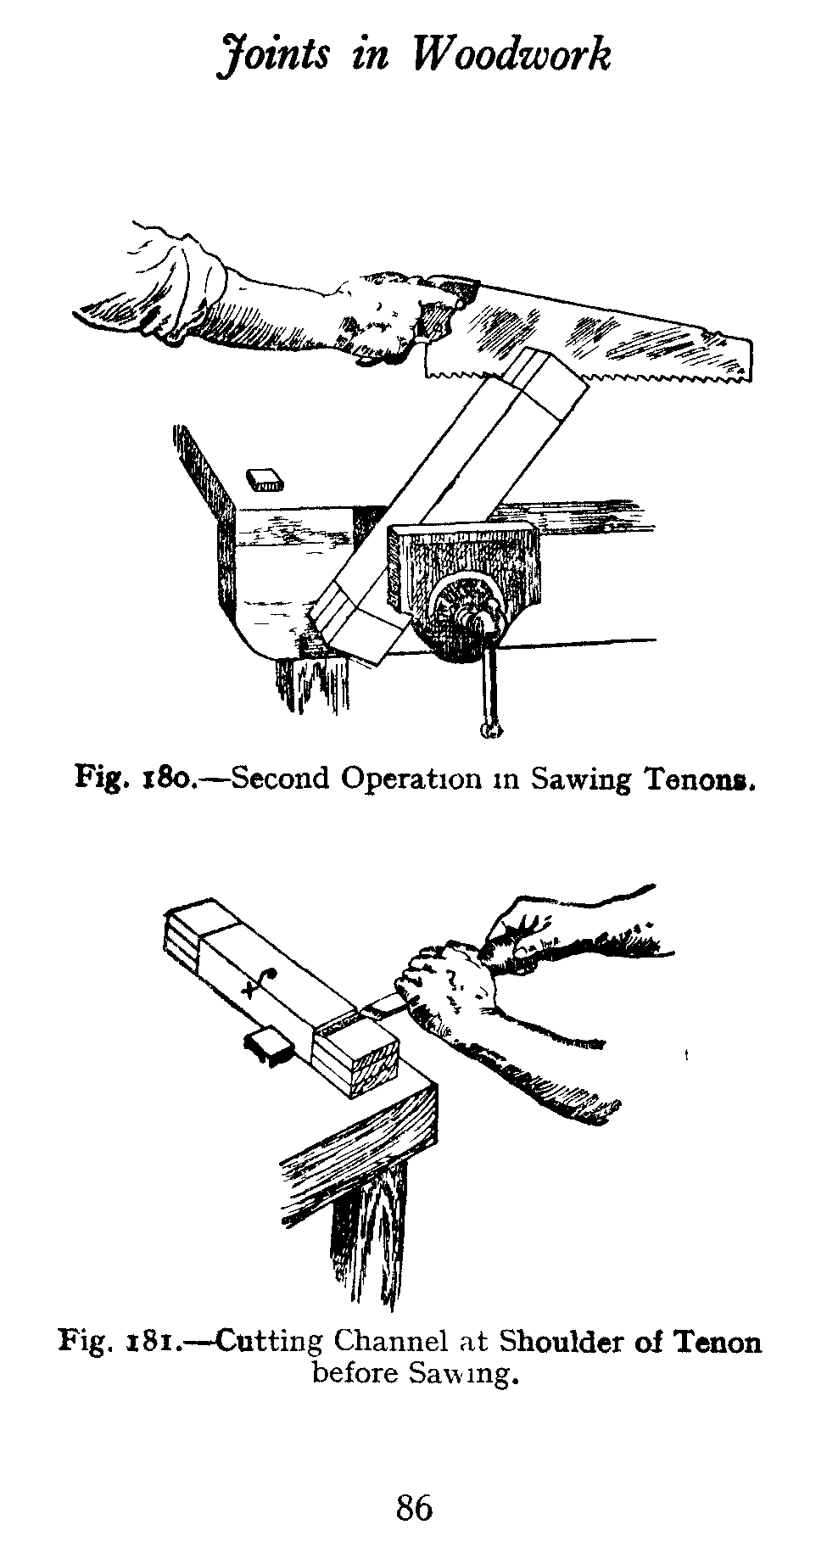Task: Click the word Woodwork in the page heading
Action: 511,56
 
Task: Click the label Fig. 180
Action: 135,778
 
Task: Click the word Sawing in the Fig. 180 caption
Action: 579,779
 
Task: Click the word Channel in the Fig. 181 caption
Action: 389,1342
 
